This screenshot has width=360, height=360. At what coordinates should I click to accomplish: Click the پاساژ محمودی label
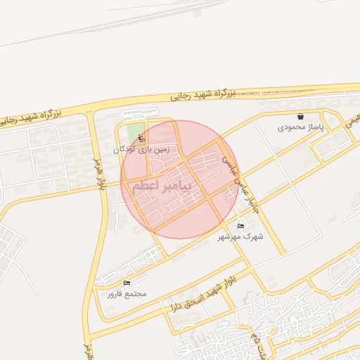294,128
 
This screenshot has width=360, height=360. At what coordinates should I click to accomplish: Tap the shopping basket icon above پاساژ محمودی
301,117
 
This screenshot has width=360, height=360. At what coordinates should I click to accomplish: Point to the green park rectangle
132,134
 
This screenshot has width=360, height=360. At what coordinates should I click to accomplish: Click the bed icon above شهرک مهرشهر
241,226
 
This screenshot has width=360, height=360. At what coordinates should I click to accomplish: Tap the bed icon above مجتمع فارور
127,283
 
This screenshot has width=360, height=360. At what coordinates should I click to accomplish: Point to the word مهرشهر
243,237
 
